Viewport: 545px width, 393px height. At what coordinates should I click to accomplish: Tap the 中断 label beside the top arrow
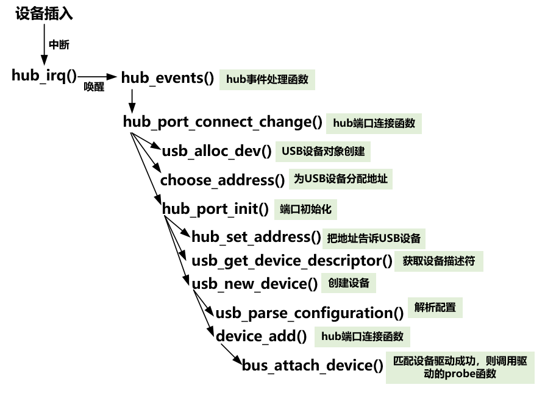59,45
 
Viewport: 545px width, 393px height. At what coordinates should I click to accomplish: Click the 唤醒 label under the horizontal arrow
94,88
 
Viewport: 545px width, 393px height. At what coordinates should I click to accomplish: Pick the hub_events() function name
168,78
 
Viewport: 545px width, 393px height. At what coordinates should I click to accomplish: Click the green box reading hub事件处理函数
267,79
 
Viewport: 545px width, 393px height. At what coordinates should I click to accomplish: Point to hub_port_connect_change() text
223,122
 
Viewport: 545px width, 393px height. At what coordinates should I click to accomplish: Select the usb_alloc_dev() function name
216,151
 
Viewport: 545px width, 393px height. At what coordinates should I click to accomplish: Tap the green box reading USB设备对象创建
323,150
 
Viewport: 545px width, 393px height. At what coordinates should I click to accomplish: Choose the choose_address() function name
223,180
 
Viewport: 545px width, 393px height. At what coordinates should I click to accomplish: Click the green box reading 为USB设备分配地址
341,179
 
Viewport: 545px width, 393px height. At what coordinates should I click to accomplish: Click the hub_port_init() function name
215,209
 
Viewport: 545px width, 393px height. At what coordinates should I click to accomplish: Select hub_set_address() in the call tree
256,237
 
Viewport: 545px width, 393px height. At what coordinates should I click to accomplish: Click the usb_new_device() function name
255,284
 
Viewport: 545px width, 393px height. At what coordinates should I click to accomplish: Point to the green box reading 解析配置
435,308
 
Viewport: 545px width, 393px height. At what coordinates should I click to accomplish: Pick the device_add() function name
261,336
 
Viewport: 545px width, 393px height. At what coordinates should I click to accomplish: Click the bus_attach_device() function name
312,366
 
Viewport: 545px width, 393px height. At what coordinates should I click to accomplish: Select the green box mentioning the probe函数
460,367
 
